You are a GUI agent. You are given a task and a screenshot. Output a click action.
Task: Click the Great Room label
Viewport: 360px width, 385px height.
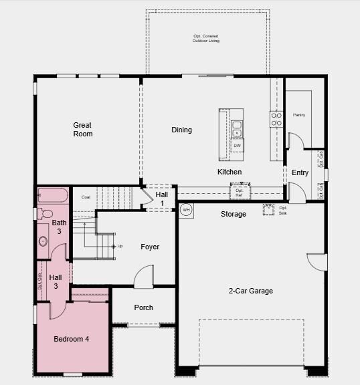coord(83,129)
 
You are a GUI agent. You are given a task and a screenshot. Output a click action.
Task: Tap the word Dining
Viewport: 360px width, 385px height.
coord(181,130)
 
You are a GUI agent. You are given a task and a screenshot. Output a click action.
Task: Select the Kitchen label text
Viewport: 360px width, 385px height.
coord(229,172)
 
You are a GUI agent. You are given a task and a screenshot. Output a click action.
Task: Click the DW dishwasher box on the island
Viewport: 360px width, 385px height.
coord(237,145)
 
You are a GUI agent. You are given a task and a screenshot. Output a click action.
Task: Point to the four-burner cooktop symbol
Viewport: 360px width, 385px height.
coord(276,119)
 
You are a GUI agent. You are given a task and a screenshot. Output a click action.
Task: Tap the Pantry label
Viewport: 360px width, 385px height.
coord(299,115)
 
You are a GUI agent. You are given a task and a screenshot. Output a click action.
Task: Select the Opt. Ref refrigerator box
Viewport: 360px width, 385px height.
coord(239,192)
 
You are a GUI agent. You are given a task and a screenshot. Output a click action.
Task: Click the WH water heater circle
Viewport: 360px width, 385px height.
coord(187,209)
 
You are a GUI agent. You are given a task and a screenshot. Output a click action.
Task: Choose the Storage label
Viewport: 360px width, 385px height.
coord(234,214)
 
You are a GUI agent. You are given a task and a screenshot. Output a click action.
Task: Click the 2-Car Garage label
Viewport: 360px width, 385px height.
coord(250,291)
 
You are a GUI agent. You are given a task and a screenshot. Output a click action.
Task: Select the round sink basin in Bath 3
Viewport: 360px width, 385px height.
coord(43,241)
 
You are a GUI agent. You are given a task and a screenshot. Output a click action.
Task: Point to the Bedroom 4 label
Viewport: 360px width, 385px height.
coord(71,339)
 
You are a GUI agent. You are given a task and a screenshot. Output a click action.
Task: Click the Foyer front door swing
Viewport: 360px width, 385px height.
coord(144,276)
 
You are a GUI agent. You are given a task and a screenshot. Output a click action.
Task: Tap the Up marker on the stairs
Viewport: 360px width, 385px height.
coord(117,247)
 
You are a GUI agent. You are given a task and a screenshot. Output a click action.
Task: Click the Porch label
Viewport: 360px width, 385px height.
coord(143,307)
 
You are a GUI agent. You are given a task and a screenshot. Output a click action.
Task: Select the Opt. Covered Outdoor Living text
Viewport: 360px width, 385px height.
coord(205,38)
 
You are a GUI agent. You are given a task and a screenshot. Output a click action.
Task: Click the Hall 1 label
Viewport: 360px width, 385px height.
coord(162,198)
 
